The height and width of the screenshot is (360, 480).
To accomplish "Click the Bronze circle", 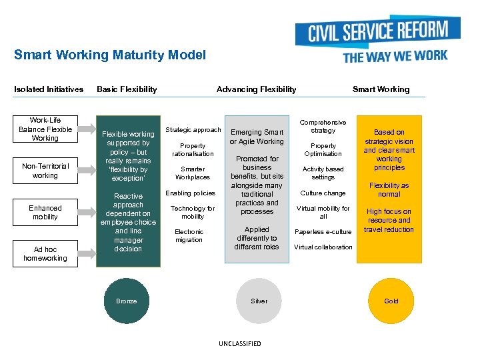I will [126, 301].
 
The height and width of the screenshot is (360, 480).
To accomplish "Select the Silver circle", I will [259, 301].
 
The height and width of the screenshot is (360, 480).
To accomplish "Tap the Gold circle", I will [391, 301].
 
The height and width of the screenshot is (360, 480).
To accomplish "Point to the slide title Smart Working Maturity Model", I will [110, 55].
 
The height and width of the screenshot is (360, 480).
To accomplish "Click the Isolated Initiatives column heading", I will [49, 89].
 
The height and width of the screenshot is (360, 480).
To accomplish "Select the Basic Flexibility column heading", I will [127, 89].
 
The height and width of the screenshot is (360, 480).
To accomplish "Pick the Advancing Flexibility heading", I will [257, 89].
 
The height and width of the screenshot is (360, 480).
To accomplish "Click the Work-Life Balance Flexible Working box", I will [45, 129].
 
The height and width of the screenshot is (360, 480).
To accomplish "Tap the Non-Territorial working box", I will [45, 171].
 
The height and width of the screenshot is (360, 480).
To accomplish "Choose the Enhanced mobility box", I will [45, 213].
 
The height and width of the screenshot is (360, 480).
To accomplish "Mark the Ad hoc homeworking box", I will [45, 254].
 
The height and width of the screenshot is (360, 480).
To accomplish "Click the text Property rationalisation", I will [193, 150].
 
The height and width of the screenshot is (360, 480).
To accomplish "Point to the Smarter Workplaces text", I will [193, 173].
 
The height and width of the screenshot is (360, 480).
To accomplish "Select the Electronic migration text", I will [189, 236].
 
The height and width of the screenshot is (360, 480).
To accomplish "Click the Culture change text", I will [323, 193].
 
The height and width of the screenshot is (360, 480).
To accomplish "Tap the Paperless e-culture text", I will [323, 232].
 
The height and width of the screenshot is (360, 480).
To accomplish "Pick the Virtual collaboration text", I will [323, 247].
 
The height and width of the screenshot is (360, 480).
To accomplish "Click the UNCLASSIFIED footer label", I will [240, 344].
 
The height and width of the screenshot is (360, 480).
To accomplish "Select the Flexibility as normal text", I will [389, 190].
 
